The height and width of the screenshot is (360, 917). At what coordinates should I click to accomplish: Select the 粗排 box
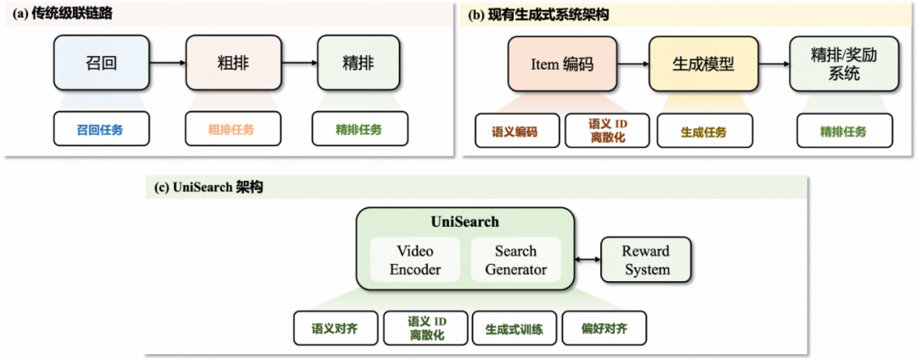tap(226, 64)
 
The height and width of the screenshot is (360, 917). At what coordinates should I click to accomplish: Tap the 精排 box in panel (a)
tap(358, 64)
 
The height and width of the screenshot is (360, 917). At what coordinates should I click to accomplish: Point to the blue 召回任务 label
tap(100, 130)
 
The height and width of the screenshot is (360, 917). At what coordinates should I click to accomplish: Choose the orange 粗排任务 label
tap(231, 130)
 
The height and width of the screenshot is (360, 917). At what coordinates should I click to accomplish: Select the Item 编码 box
tap(562, 65)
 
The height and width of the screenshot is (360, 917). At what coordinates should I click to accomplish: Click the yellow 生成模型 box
tap(703, 65)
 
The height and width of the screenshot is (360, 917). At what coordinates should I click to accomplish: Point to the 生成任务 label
tap(703, 132)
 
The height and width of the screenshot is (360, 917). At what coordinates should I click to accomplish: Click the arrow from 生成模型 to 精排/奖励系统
tap(773, 65)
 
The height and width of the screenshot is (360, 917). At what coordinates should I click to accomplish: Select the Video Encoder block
tap(415, 260)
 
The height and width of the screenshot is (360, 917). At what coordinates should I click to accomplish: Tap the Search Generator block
tap(516, 260)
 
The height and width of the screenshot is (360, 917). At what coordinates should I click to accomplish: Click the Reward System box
tap(646, 261)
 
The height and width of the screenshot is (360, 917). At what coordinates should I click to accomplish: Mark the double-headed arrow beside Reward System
tap(586, 261)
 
